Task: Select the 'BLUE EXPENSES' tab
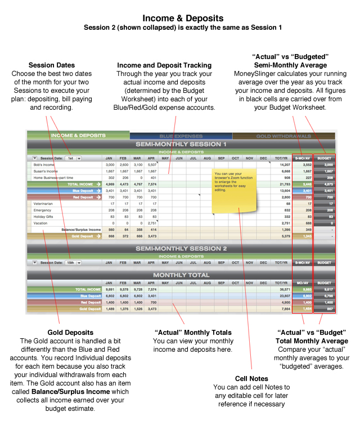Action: [x=179, y=136]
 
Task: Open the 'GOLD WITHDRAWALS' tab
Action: [x=283, y=136]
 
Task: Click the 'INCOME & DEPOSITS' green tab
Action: [x=79, y=136]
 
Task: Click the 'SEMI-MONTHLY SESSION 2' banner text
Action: [x=181, y=249]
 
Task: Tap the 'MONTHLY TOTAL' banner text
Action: [x=181, y=275]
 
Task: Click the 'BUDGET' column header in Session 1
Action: [x=325, y=159]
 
